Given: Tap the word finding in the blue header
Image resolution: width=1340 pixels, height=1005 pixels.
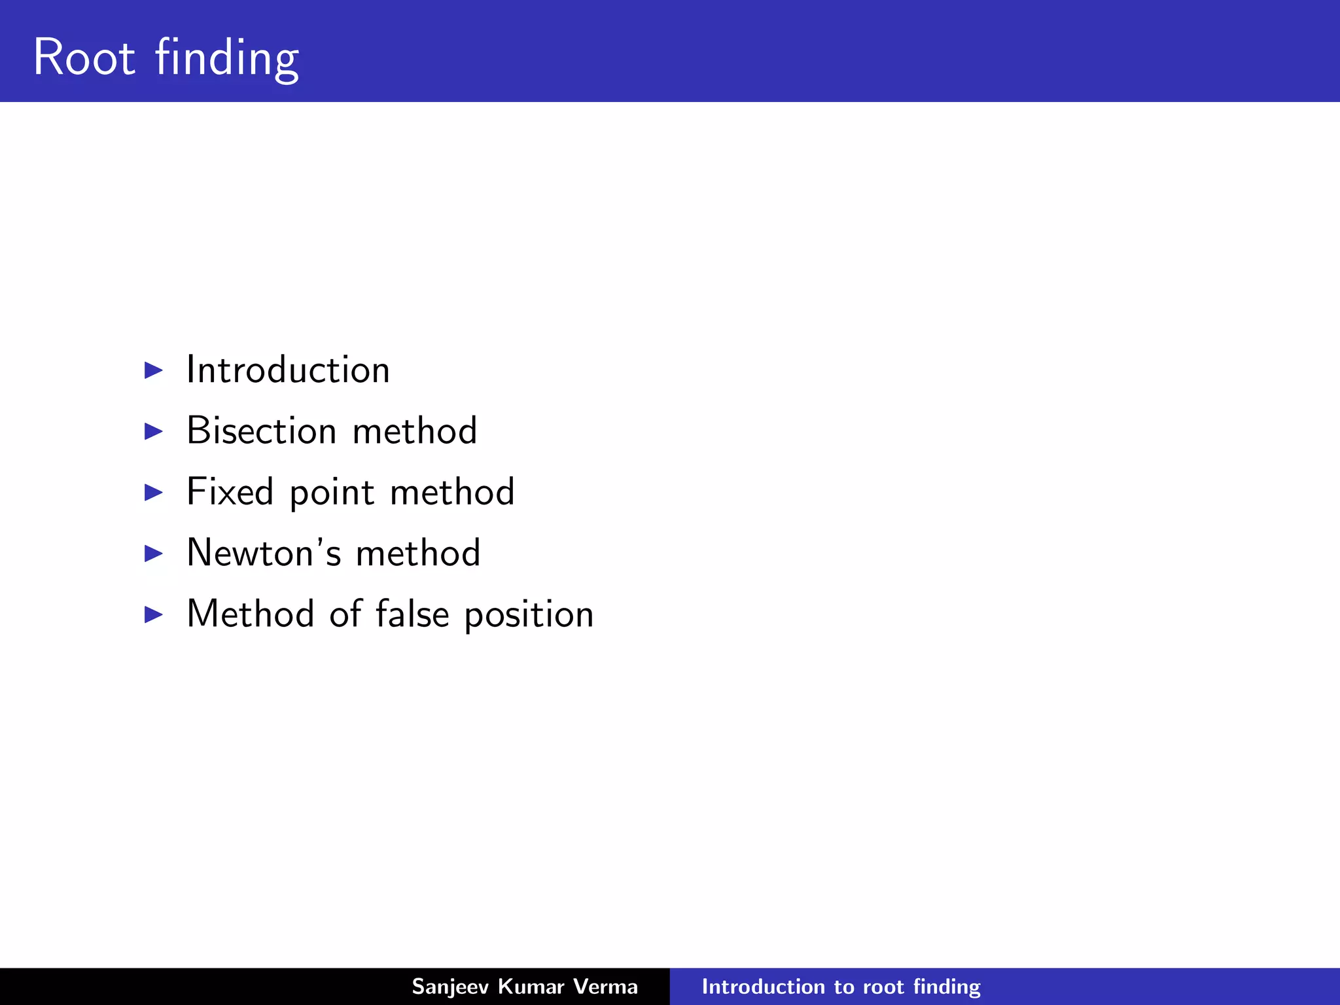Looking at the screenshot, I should tap(227, 59).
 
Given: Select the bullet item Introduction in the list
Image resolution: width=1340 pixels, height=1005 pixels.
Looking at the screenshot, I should tap(288, 370).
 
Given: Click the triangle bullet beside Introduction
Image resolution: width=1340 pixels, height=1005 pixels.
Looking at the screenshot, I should tap(153, 370).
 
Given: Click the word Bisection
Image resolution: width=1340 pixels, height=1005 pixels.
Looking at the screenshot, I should tap(261, 431).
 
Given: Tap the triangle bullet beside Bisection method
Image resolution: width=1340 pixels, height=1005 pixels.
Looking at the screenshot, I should tap(153, 431).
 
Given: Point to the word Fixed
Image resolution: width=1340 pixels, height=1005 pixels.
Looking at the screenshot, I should tap(230, 491).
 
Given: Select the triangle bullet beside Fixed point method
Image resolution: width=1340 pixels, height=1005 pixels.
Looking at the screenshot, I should tap(153, 492).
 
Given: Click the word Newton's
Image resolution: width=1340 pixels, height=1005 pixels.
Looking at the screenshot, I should tap(264, 552).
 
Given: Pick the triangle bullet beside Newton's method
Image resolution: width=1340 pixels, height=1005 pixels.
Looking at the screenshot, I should tap(153, 553).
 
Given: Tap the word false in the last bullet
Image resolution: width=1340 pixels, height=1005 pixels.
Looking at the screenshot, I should tap(412, 614).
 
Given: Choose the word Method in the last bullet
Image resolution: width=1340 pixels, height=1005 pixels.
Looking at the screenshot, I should tap(250, 614).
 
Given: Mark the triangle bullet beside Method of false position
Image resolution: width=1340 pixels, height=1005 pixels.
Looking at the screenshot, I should tap(153, 614).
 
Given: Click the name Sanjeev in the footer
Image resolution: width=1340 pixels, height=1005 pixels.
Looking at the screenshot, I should tap(450, 987).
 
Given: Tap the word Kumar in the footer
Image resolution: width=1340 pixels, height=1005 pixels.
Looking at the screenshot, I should tap(531, 986).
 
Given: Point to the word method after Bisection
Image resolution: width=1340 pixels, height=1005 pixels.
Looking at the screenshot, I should tap(414, 431).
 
